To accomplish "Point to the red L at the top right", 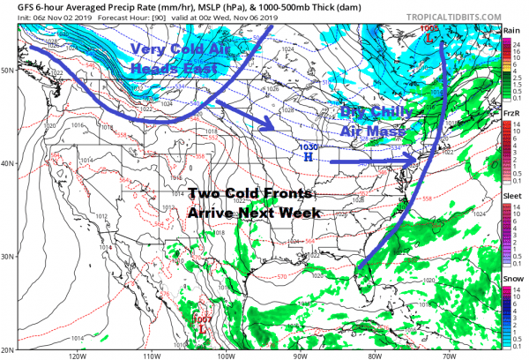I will click(x=429, y=40).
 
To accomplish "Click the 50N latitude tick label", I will click(x=8, y=68).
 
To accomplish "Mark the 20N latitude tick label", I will click(x=8, y=347).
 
